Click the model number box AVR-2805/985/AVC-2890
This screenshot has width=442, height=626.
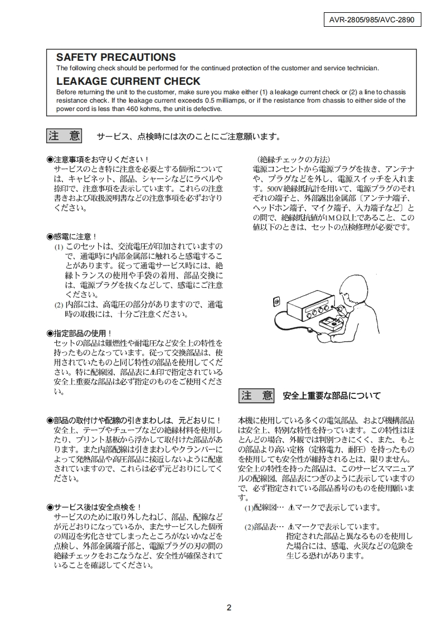click(372, 21)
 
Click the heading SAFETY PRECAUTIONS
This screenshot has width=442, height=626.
click(116, 57)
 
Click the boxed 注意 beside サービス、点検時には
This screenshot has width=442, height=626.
click(64, 136)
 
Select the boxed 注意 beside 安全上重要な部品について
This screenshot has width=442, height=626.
click(257, 396)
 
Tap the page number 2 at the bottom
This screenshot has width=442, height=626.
click(229, 608)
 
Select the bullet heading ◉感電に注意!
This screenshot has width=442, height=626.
click(72, 237)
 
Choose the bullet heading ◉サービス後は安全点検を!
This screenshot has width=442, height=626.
click(94, 507)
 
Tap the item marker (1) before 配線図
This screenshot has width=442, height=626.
click(249, 508)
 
